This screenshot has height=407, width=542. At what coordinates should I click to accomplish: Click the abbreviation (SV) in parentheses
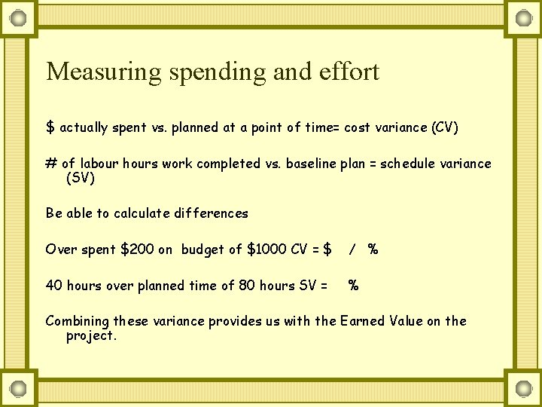[x=81, y=178]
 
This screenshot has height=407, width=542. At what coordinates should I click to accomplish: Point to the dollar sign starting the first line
[x=50, y=127]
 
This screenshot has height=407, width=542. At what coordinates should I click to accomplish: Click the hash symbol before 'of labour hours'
[x=51, y=164]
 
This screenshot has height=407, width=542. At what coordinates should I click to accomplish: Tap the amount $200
[x=137, y=249]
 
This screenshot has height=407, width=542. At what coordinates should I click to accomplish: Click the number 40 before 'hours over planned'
[x=53, y=286]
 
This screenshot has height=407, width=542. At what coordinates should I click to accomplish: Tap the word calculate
[x=142, y=213]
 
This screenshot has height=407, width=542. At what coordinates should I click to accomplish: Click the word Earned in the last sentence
[x=363, y=321]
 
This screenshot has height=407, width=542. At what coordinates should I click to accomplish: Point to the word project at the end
[x=91, y=336]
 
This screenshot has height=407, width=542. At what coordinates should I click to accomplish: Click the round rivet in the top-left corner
[x=19, y=17]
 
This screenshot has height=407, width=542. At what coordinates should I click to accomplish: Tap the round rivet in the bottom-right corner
[x=522, y=389]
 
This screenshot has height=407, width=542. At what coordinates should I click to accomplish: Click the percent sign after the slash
[x=373, y=249]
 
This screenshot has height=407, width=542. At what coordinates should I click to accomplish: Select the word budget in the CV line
[x=201, y=249]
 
